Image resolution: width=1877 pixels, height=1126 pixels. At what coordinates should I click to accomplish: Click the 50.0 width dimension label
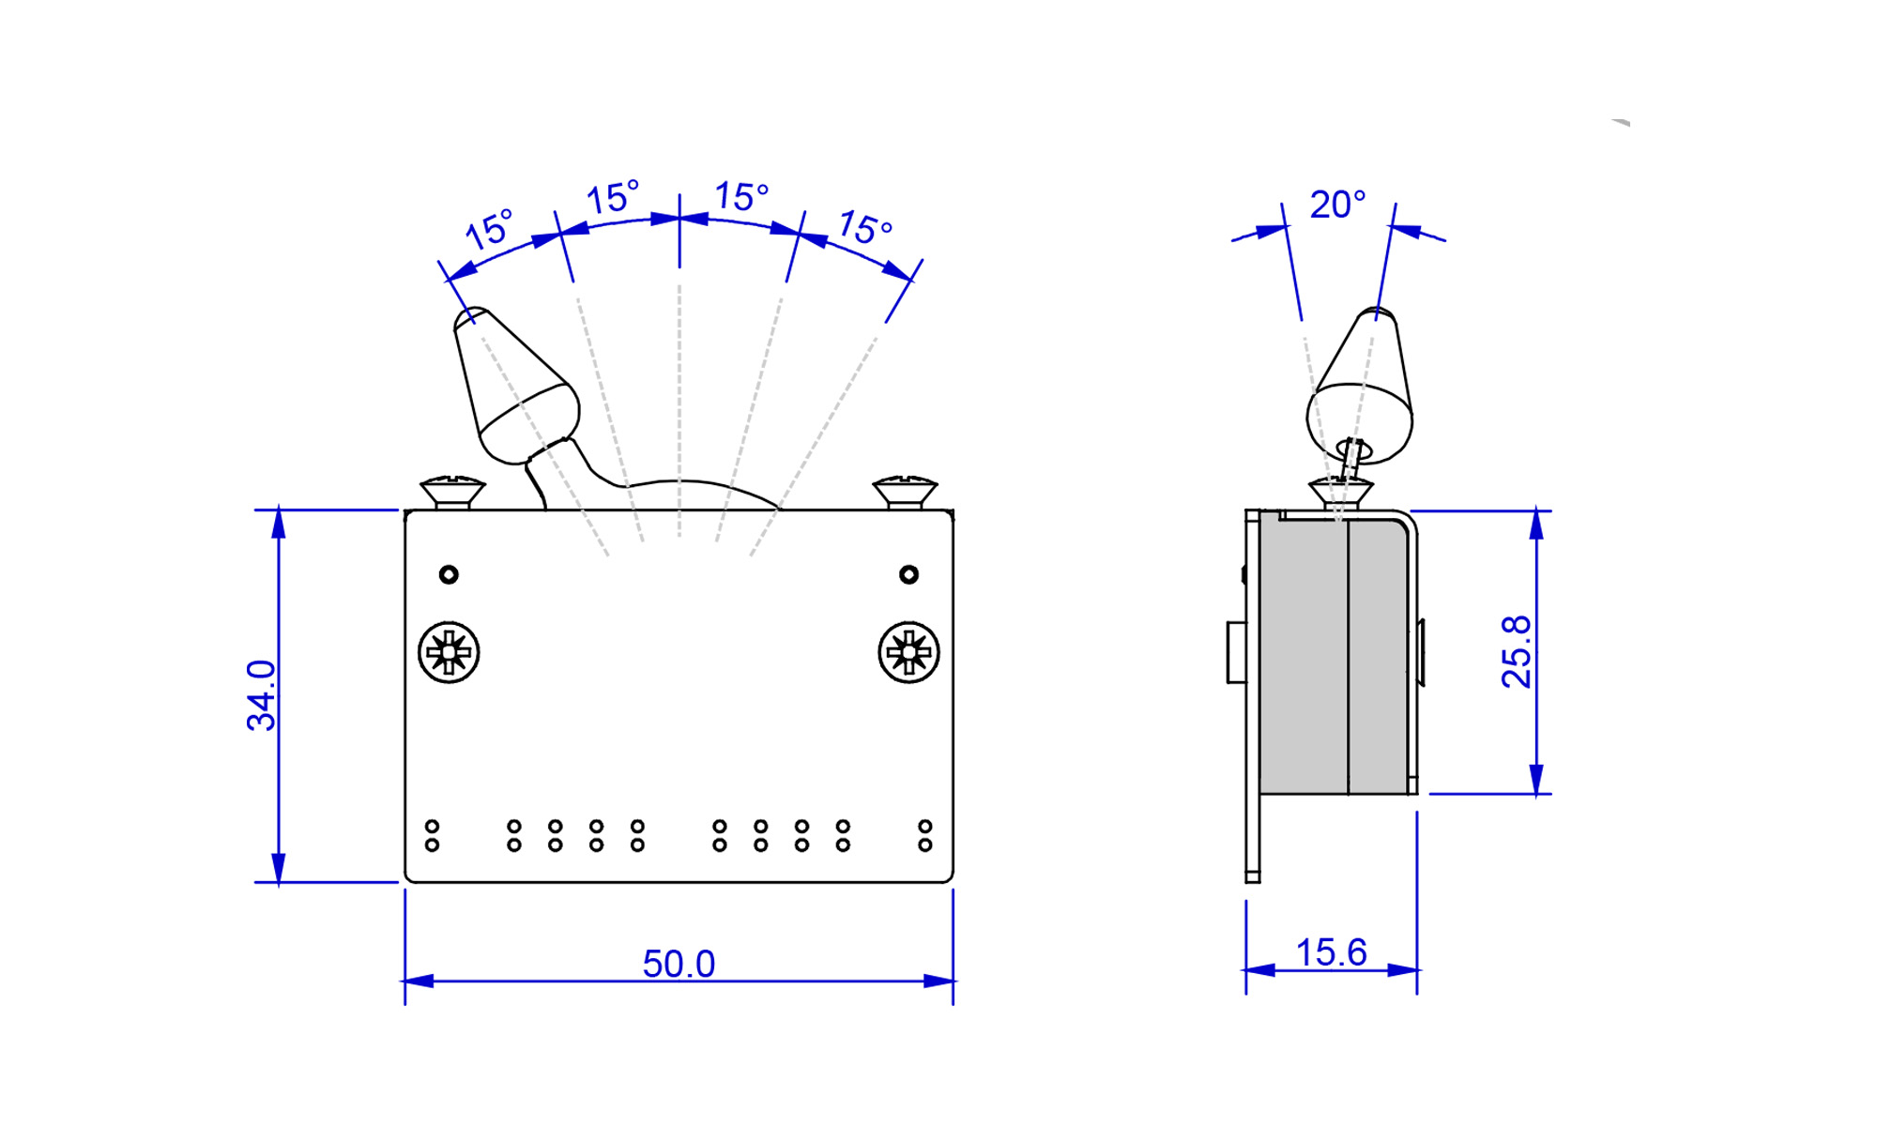pos(679,964)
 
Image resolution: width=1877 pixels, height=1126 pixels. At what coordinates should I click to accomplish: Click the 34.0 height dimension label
pos(261,695)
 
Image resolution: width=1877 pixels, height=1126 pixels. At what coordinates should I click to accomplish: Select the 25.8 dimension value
pos(1516,652)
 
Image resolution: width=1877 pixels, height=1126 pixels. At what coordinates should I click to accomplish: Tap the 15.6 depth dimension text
pos(1331,953)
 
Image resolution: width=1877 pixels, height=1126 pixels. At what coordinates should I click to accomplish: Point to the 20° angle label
pos(1337,205)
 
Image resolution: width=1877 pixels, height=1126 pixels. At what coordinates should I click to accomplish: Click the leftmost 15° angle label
pos(490,229)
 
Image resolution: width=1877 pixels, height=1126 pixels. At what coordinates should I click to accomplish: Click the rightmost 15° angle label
pos(864,227)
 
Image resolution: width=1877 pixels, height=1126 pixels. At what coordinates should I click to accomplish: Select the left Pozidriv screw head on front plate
pos(449,652)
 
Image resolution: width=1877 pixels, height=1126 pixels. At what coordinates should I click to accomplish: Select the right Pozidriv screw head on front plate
pos(908,652)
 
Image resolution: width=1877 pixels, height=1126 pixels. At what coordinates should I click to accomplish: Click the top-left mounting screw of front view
pos(452,493)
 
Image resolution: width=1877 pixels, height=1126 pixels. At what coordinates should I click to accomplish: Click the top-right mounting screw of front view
pos(905,493)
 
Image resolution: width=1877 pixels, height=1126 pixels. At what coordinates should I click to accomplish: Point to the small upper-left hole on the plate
pos(449,574)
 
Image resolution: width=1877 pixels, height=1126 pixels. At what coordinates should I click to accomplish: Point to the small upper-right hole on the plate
pos(908,574)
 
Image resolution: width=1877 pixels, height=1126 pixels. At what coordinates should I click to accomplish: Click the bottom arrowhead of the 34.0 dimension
pos(279,867)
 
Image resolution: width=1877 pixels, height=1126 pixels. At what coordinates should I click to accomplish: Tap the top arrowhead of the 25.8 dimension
pos(1536,525)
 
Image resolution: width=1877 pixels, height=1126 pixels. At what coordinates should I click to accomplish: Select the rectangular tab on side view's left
pos(1236,652)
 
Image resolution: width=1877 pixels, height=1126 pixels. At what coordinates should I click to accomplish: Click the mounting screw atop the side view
pos(1340,492)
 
